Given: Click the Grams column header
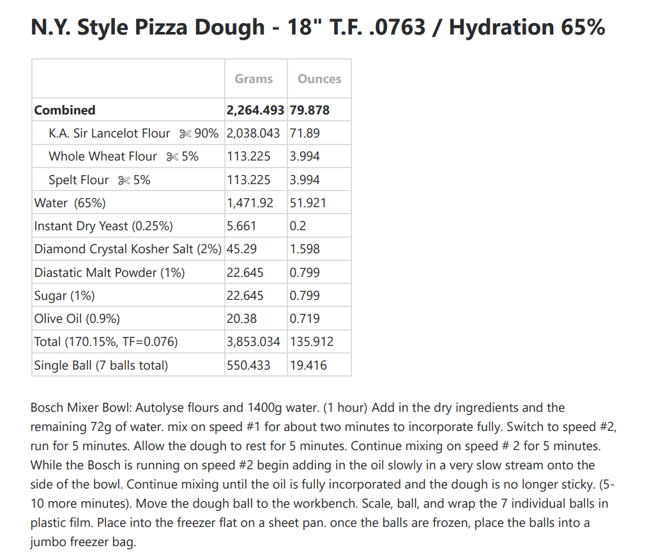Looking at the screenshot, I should (x=254, y=79).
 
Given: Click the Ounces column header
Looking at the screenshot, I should (x=319, y=79).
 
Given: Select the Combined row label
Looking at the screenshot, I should (x=65, y=110).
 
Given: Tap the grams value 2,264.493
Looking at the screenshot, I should (x=256, y=110).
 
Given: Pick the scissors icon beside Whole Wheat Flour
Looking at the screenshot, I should (x=172, y=157).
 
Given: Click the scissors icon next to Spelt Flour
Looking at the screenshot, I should (x=124, y=180).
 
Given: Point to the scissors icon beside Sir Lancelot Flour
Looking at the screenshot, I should (x=185, y=134).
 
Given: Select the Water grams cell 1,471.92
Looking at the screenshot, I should (x=250, y=203).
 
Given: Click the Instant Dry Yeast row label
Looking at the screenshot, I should (x=103, y=226).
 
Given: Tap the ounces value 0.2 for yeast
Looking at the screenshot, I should (x=298, y=226).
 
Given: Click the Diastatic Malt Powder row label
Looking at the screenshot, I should (x=109, y=272).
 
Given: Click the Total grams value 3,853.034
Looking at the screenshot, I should (x=253, y=341).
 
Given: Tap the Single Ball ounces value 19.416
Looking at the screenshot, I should (x=308, y=365).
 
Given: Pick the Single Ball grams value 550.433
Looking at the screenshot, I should (x=248, y=365).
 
